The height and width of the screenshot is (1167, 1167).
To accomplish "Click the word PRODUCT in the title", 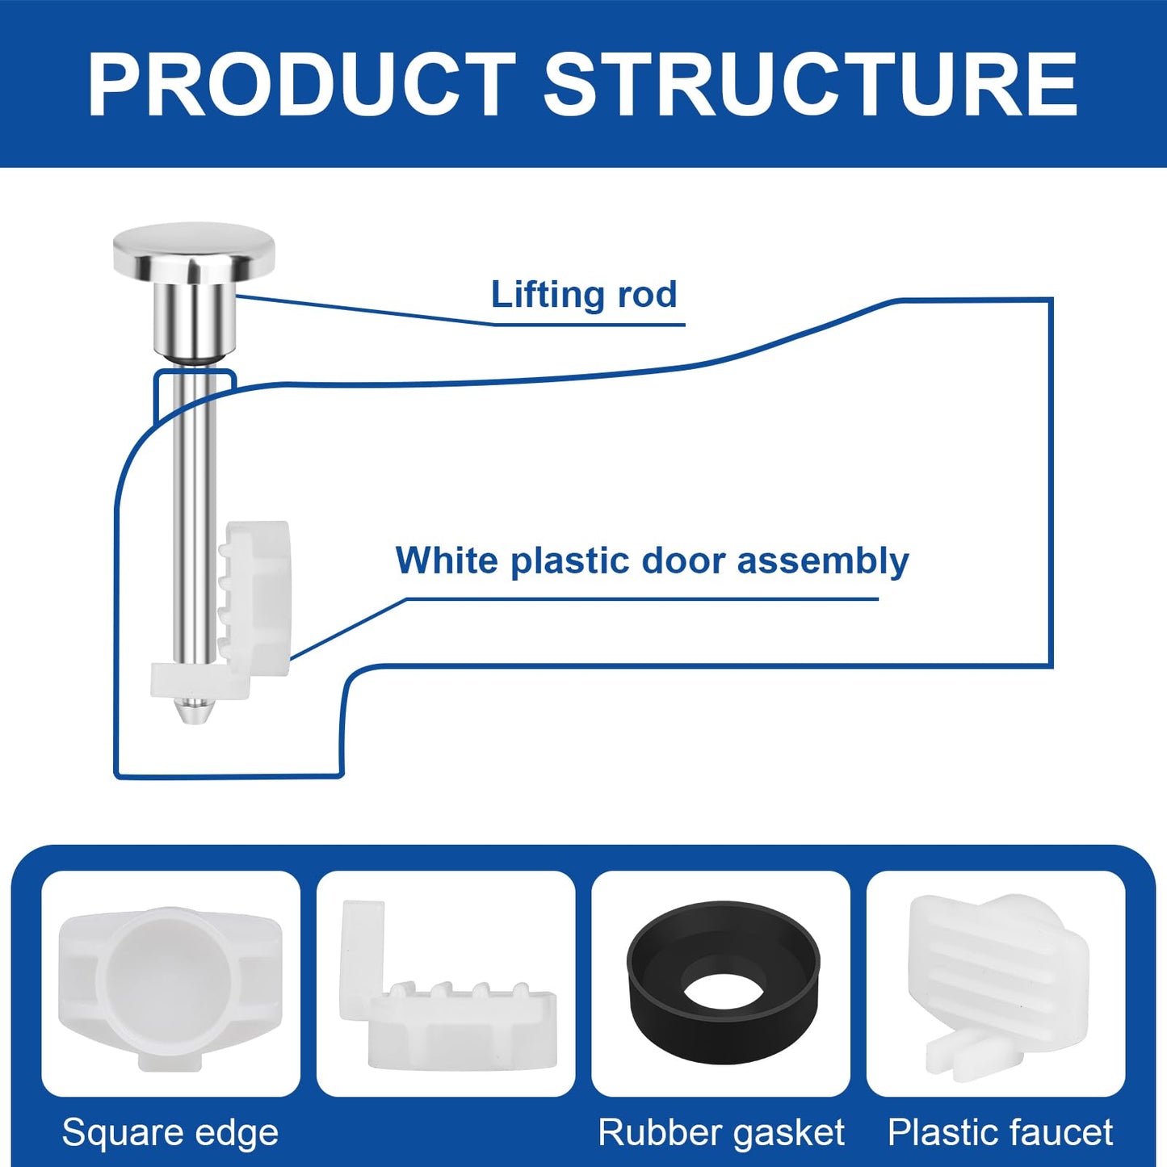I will [300, 85].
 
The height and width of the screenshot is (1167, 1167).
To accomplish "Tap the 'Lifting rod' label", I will [583, 295].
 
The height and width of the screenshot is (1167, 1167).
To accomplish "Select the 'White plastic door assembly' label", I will [651, 560].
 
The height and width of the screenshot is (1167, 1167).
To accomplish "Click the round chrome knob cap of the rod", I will [194, 246].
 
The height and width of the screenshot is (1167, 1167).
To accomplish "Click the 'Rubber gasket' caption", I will [720, 1132].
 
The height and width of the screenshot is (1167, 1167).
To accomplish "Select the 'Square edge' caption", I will [170, 1132].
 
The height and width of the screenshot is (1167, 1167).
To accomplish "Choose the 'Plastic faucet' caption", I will [1000, 1132].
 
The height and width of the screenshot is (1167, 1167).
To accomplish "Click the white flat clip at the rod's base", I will [199, 681].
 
